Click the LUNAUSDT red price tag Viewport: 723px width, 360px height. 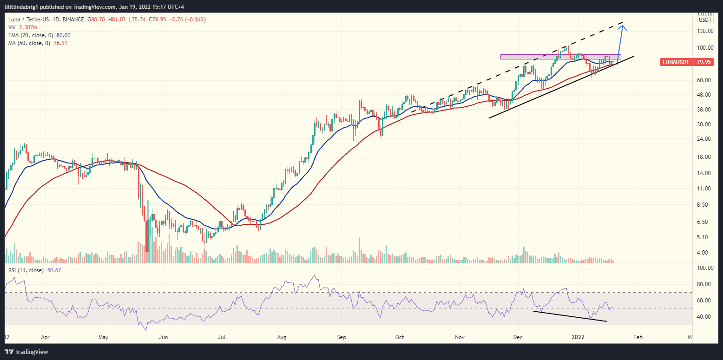coord(676,62)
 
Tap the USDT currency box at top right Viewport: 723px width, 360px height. coord(705,20)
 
